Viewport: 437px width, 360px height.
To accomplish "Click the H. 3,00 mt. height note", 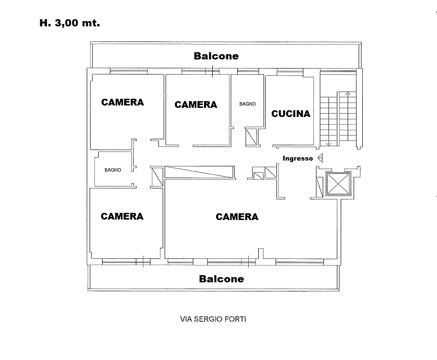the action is click(69, 23).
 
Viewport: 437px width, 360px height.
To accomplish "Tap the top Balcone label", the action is click(216, 56).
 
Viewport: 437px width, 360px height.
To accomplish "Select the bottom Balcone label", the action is click(221, 279).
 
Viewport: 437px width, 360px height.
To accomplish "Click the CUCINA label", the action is click(291, 114).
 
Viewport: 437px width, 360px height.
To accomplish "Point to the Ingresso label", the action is click(298, 158).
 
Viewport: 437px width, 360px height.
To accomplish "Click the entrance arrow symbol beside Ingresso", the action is click(320, 158).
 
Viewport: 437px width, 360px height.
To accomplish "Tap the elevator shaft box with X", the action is click(338, 184).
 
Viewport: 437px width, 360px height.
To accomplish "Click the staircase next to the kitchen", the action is click(338, 119).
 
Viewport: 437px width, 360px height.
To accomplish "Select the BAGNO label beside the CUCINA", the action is click(247, 104).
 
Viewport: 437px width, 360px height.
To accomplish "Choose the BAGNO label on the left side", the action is click(113, 170).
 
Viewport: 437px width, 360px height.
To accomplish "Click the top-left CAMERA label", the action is click(123, 102).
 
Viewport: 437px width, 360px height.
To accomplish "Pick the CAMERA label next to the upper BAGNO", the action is click(195, 105).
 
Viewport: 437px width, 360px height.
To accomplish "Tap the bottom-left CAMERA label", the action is click(122, 216).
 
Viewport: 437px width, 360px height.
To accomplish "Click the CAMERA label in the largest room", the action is click(237, 217).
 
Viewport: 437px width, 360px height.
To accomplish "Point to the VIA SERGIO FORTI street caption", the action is click(213, 319).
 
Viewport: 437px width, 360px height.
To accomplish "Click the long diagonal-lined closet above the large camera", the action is click(200, 172).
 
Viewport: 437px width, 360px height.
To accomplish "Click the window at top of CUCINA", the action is click(290, 72).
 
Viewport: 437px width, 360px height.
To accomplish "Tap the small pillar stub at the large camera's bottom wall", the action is click(261, 254).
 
